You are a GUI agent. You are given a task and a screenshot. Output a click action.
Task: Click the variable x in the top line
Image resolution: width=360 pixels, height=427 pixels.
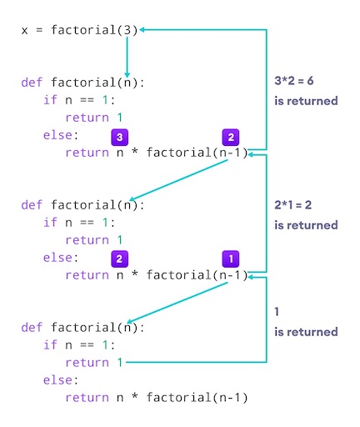click(25, 31)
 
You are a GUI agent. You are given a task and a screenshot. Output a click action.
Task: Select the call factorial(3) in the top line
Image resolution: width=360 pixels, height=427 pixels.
click(94, 30)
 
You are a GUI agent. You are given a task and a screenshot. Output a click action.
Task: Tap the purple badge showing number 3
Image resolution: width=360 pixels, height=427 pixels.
click(119, 137)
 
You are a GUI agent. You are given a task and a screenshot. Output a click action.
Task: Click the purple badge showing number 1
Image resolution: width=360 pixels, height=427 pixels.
click(231, 259)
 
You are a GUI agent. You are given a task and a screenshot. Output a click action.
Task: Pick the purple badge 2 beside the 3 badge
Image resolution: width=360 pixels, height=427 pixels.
click(231, 137)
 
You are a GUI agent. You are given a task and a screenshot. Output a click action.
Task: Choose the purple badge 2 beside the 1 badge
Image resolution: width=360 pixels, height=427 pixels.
click(119, 259)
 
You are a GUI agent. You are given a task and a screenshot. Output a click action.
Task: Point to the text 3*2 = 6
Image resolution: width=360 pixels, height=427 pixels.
click(294, 81)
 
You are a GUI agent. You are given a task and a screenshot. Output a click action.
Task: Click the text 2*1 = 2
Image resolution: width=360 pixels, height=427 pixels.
click(293, 205)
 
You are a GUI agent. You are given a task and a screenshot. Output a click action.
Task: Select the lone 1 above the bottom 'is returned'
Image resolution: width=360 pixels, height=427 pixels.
click(277, 312)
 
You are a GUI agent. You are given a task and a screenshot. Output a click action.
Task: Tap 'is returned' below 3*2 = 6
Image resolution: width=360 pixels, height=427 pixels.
click(306, 101)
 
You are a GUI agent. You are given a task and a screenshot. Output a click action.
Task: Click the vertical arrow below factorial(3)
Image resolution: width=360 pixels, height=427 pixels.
click(127, 57)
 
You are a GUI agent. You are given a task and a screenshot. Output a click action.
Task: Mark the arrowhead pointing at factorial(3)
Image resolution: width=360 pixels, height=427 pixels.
click(142, 29)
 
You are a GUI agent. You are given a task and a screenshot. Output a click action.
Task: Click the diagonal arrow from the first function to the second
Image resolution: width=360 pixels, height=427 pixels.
click(178, 179)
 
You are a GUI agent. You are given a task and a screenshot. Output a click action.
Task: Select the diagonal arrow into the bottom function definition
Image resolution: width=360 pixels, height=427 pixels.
click(177, 303)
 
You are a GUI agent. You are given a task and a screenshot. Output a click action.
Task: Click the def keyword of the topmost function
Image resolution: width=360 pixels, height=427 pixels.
click(32, 83)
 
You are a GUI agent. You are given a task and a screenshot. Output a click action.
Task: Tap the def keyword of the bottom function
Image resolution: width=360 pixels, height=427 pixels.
click(32, 327)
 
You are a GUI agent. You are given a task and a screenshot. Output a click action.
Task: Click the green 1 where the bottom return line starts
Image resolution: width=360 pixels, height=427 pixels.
click(120, 362)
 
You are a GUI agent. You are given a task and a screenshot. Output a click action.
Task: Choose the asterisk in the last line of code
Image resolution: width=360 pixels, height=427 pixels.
click(135, 396)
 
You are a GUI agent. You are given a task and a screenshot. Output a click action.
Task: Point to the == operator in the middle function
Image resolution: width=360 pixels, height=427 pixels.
click(87, 223)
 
